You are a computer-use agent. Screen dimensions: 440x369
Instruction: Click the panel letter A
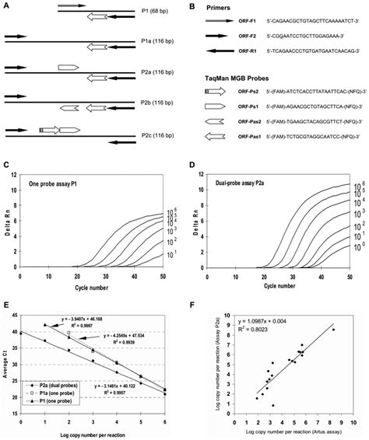[x=7, y=5]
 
